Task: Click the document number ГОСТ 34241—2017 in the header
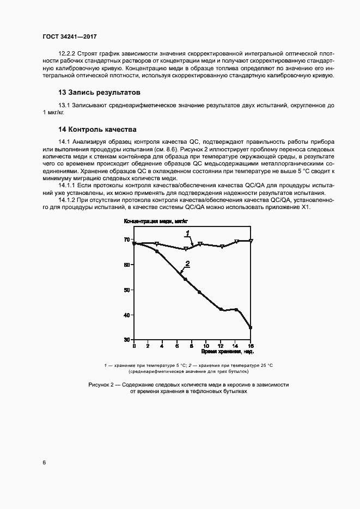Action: pos(70,36)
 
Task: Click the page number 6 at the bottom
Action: pos(44,462)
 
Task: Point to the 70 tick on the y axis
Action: pos(127,240)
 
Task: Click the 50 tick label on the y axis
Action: pos(127,290)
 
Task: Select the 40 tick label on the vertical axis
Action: pos(127,315)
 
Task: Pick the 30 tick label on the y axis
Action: pos(127,340)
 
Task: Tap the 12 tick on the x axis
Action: pos(221,346)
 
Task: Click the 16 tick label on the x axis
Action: pos(251,346)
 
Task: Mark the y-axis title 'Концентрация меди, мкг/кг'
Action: pos(156,222)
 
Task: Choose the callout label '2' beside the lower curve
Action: pos(187,264)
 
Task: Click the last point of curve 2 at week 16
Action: pos(251,328)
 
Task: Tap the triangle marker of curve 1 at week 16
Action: pos(251,241)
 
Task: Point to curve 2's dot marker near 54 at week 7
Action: pos(185,280)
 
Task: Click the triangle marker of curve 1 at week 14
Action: pos(236,242)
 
